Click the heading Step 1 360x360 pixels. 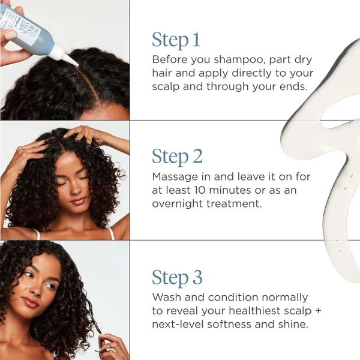176,40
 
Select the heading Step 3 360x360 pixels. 177,278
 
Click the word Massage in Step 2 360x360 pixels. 175,177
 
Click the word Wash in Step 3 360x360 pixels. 166,298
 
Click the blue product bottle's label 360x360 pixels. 24,24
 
